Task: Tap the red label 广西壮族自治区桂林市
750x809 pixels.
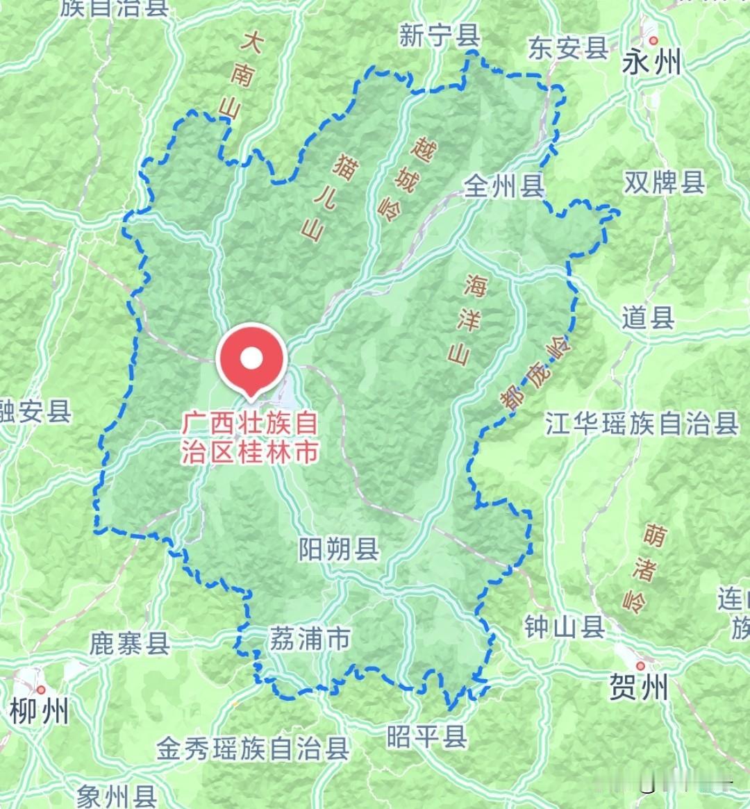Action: [251, 437]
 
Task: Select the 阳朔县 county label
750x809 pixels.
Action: [339, 549]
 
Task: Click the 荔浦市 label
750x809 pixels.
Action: [310, 638]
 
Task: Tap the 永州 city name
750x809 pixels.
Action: [651, 64]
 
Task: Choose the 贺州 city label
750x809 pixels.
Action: [638, 687]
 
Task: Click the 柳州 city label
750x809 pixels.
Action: [40, 712]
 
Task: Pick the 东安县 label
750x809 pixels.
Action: [567, 48]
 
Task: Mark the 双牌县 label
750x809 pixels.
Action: [664, 182]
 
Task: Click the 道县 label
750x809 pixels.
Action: [647, 318]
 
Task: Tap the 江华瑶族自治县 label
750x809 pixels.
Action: [641, 423]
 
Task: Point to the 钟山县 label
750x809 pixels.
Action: [564, 627]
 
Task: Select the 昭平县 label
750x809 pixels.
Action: [426, 736]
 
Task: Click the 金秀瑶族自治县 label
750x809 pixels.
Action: [253, 749]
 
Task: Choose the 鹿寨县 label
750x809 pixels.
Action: [130, 644]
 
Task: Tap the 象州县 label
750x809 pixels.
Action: [117, 796]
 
